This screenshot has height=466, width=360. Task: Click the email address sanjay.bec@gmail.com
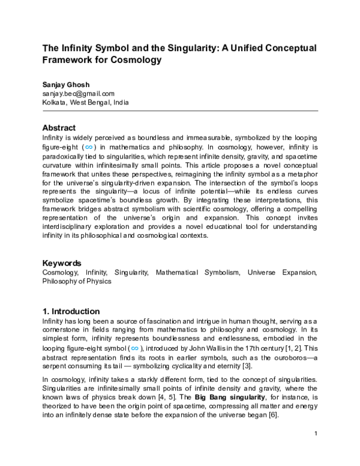(78, 94)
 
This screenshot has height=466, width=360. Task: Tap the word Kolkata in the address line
(55, 102)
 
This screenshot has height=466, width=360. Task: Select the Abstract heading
(59, 128)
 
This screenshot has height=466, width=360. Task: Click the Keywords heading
(62, 263)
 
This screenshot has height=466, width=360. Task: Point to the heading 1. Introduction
(71, 312)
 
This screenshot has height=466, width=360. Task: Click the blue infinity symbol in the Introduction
(136, 348)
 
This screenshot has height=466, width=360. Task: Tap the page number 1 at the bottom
(316, 450)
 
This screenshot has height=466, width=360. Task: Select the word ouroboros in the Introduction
(286, 357)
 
